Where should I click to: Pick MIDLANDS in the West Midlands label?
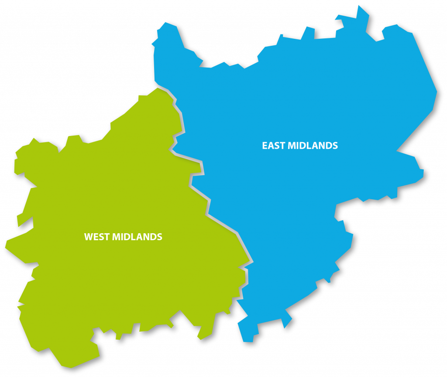[137, 237]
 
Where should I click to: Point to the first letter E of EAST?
[265, 146]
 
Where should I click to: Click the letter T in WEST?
[107, 237]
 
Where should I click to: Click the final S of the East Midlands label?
[335, 146]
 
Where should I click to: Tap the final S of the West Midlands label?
[159, 237]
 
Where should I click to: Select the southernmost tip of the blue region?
[248, 341]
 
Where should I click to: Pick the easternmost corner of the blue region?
[437, 92]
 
